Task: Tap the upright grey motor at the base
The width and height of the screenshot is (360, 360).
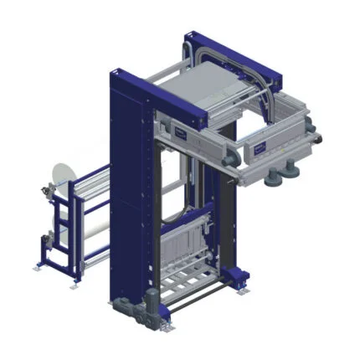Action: point(152,305)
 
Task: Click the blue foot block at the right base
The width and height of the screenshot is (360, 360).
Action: point(238,275)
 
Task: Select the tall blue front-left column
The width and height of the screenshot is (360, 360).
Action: point(123,193)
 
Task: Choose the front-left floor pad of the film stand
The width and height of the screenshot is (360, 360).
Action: point(37,266)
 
